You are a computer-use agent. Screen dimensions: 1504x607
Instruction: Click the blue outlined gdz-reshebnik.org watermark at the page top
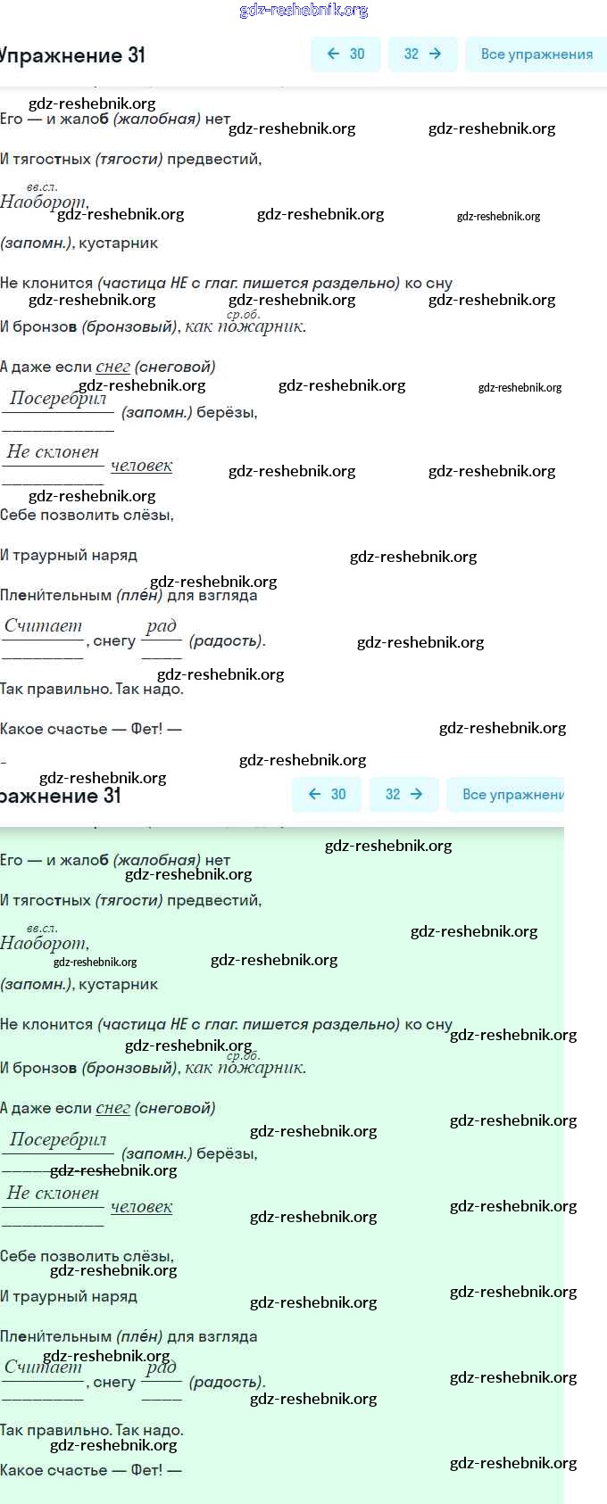(303, 11)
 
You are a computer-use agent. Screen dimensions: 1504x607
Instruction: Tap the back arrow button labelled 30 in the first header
(345, 54)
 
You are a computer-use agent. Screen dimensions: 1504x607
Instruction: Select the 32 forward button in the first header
(422, 54)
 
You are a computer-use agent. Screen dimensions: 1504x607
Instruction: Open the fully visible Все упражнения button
(536, 54)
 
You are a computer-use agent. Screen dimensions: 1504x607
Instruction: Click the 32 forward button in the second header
(403, 795)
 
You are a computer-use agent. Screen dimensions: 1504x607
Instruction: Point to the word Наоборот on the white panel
(43, 202)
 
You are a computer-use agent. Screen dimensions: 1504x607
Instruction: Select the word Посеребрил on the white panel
(58, 399)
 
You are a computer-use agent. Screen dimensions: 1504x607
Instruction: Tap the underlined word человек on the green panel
(141, 1207)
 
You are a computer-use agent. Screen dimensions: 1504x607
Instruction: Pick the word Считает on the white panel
(43, 626)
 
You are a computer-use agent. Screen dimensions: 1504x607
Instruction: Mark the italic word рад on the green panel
(162, 1368)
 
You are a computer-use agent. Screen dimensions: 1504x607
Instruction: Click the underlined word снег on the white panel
(112, 367)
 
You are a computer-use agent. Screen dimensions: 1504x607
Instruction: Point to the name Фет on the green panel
(146, 1470)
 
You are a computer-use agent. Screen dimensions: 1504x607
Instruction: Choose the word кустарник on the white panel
(118, 244)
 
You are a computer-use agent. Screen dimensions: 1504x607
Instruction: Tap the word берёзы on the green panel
(226, 1153)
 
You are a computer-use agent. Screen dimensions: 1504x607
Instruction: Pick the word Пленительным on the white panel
(56, 595)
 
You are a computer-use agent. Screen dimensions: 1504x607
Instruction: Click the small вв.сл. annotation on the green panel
(41, 928)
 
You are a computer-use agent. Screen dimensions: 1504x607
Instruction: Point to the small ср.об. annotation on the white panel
(243, 314)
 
